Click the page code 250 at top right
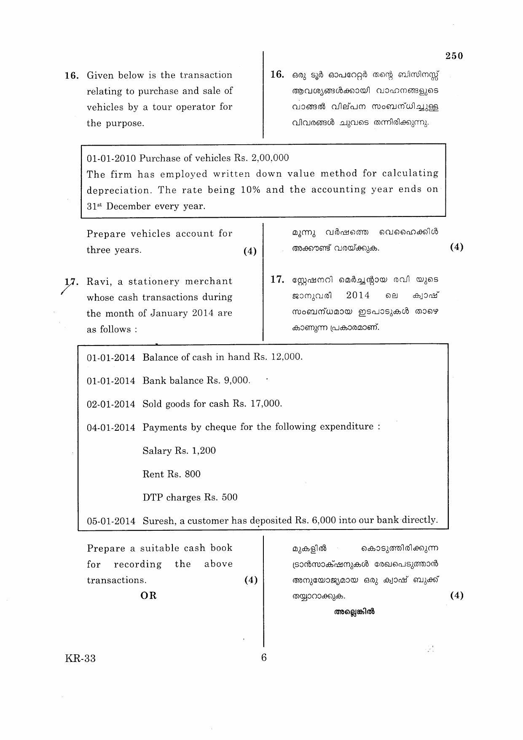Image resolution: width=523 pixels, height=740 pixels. tap(454, 56)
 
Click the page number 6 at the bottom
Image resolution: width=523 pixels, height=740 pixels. tap(264, 657)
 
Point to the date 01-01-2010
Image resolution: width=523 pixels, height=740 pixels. tap(111, 159)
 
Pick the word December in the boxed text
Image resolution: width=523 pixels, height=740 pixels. tap(129, 206)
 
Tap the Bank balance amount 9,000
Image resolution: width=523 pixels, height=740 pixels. tap(236, 381)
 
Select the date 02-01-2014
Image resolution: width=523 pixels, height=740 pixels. tap(111, 404)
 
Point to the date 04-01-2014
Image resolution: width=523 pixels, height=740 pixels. tap(111, 428)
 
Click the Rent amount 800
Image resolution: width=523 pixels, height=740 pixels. tap(193, 474)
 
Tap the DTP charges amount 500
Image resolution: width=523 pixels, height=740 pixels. tap(229, 497)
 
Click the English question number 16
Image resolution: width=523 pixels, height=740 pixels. tap(71, 76)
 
